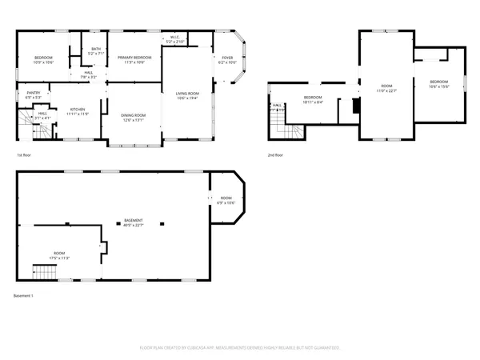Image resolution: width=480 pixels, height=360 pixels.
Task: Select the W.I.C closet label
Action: [176, 39]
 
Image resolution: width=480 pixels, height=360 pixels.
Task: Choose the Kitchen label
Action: [77, 111]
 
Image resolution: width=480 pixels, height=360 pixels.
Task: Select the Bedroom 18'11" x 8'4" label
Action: [312, 100]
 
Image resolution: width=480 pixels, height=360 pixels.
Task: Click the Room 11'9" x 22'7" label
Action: [386, 87]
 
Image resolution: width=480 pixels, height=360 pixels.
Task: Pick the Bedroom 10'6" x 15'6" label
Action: [438, 84]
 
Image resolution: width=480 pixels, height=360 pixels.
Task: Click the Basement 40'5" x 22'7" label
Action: [134, 222]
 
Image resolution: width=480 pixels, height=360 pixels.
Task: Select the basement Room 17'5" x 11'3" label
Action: [60, 255]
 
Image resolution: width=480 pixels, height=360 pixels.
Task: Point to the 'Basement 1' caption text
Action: [24, 296]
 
